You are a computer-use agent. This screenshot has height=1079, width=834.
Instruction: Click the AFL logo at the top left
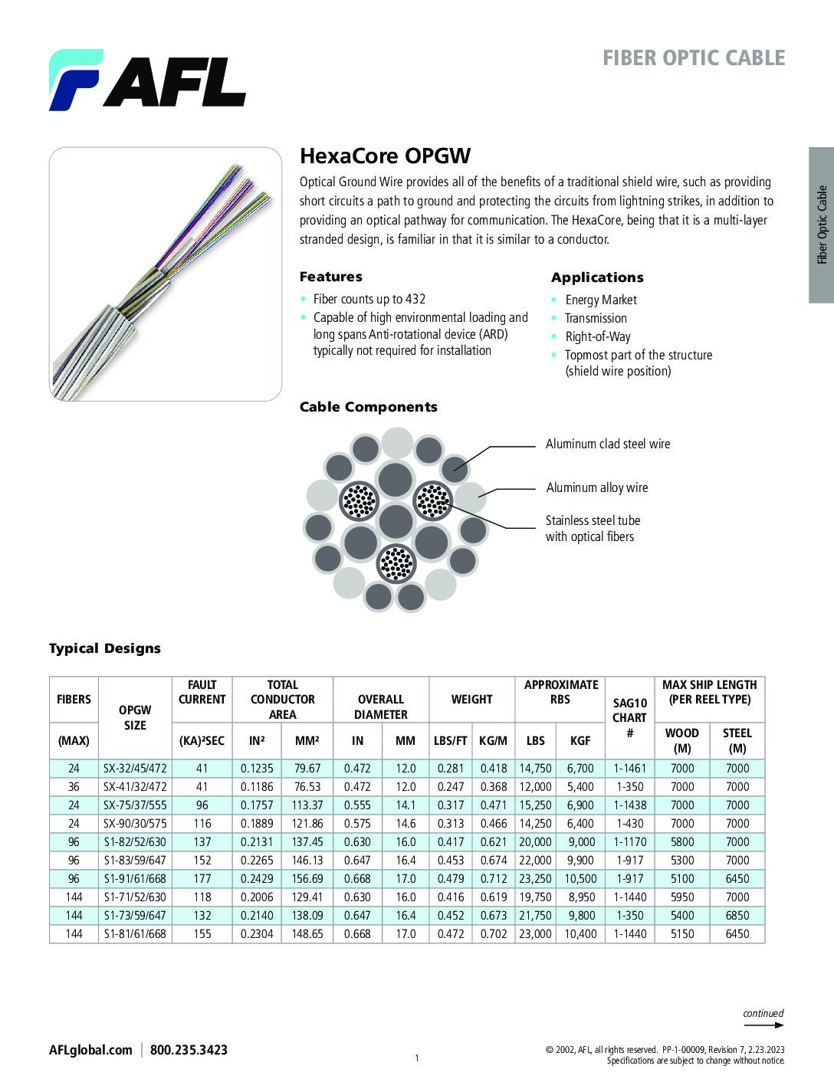tap(147, 80)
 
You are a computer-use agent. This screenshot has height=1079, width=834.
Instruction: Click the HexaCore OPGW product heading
tap(385, 156)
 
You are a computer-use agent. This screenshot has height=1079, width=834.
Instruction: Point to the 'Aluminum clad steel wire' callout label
tap(607, 444)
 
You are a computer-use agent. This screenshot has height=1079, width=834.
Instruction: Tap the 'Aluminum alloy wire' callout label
tap(596, 487)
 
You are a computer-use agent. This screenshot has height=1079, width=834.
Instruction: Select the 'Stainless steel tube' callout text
tap(593, 520)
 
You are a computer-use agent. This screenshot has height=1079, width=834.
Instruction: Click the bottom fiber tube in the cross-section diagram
tap(396, 564)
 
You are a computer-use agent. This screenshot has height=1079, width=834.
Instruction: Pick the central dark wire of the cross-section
tap(396, 521)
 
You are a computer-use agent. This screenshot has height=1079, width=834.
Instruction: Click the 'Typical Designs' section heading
tap(105, 648)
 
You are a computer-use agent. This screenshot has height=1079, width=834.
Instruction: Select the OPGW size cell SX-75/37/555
tap(135, 805)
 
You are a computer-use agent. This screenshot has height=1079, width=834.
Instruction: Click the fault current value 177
tap(202, 878)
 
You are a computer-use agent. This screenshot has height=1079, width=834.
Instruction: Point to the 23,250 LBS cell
tap(535, 878)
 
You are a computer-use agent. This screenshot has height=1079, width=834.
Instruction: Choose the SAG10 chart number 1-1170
tap(629, 841)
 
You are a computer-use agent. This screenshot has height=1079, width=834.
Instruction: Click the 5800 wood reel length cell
tap(682, 841)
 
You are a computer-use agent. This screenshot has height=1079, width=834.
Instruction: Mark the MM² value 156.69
tap(307, 878)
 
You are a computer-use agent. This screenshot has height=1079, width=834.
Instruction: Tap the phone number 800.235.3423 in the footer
tap(189, 1050)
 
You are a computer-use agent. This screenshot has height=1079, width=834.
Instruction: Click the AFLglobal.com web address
tap(90, 1050)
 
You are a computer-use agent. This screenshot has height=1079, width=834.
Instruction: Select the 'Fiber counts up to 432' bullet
tap(369, 299)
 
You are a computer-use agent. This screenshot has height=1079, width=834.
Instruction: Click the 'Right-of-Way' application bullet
tap(597, 336)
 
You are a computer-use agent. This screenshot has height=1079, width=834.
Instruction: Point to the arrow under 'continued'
tap(764, 1025)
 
